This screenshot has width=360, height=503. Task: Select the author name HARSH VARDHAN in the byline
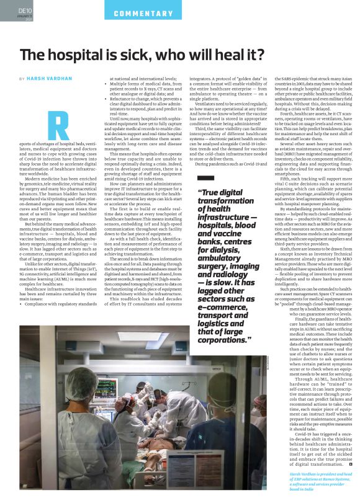click(x=47, y=79)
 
